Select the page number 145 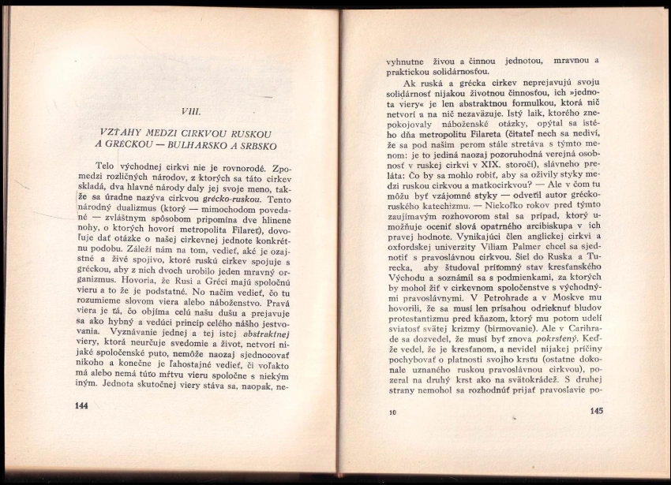[x=596, y=410]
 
